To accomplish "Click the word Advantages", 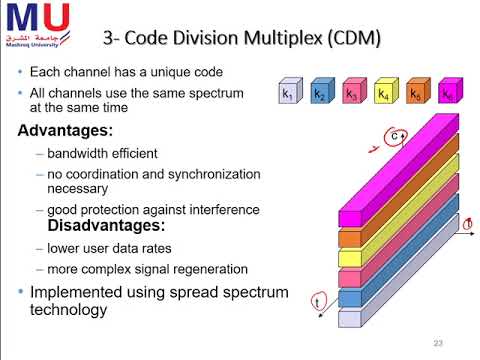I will [67, 131].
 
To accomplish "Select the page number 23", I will [438, 343].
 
